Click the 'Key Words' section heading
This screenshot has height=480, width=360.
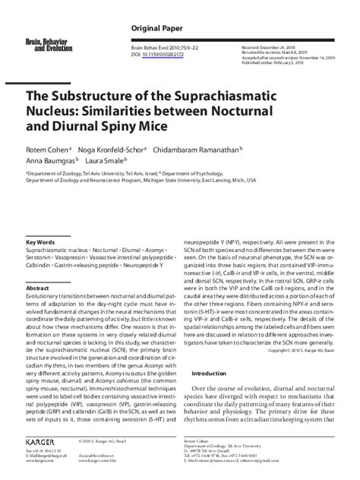(x=42, y=242)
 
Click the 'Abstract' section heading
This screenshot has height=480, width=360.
(x=39, y=289)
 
